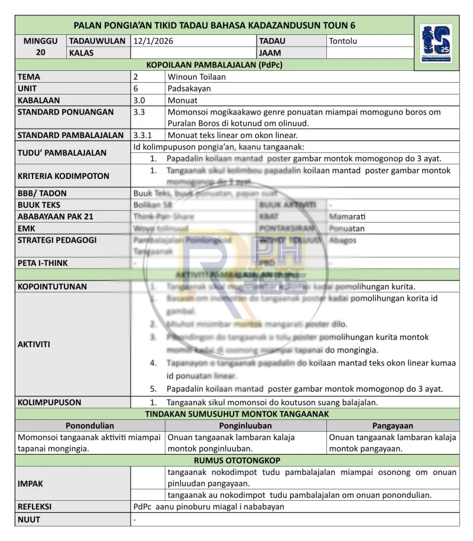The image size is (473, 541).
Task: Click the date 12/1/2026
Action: (153, 41)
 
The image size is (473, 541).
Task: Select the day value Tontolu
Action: (343, 41)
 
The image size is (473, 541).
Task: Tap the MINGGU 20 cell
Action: (41, 47)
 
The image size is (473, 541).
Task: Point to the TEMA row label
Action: (29, 77)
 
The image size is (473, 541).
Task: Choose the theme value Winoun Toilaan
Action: (196, 77)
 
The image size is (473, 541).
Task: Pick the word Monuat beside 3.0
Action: (183, 100)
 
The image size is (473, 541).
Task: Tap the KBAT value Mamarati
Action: (347, 217)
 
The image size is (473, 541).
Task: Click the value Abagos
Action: (343, 240)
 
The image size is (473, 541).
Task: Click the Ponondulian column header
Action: (90, 426)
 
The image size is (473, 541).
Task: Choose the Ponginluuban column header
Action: (245, 426)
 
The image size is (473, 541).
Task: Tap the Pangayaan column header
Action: (393, 426)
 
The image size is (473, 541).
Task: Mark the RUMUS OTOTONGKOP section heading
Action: (237, 461)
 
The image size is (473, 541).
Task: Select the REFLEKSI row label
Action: (34, 507)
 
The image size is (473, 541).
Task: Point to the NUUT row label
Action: (29, 520)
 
